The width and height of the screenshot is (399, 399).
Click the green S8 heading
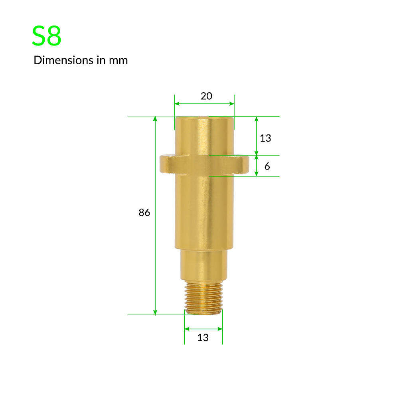coord(47,36)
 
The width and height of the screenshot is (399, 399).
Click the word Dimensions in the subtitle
coord(63,60)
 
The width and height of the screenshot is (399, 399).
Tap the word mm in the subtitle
coord(119,61)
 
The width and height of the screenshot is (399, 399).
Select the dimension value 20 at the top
coord(206,96)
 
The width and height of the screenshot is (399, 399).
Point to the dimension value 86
coord(144,213)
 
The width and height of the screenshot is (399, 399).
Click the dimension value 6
coord(267,166)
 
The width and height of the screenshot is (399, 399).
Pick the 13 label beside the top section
coord(265,138)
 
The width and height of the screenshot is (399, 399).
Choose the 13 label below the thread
coord(203,338)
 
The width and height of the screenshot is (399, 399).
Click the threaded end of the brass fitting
coord(203,298)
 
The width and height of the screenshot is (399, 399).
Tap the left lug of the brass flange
coord(167,164)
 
